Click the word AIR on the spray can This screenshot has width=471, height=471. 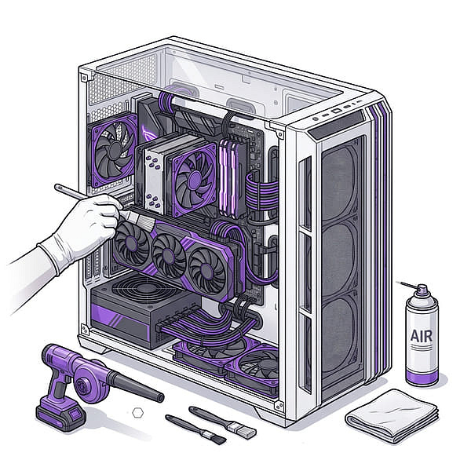(421, 336)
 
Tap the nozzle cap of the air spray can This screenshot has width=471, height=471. (422, 289)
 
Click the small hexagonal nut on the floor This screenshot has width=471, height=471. (137, 413)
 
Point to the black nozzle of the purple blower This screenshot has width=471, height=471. (136, 386)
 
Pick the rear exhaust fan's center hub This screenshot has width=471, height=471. (115, 151)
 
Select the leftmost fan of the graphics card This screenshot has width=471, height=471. (132, 242)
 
